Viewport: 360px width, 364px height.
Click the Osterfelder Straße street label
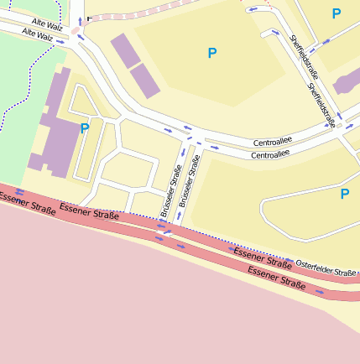326,268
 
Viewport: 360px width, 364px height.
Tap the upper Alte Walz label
49,23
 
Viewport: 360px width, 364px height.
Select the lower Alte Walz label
39,36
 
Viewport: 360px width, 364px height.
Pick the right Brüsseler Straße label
190,175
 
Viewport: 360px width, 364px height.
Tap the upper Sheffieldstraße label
300,54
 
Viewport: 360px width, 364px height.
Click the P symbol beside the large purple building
84,128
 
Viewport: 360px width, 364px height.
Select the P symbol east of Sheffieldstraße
336,13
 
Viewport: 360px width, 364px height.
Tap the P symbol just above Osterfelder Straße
344,195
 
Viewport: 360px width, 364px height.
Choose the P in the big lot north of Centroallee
211,54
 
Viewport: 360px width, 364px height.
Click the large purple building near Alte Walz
52,126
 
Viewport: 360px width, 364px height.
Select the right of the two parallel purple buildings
143,79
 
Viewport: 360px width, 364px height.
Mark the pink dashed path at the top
143,12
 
